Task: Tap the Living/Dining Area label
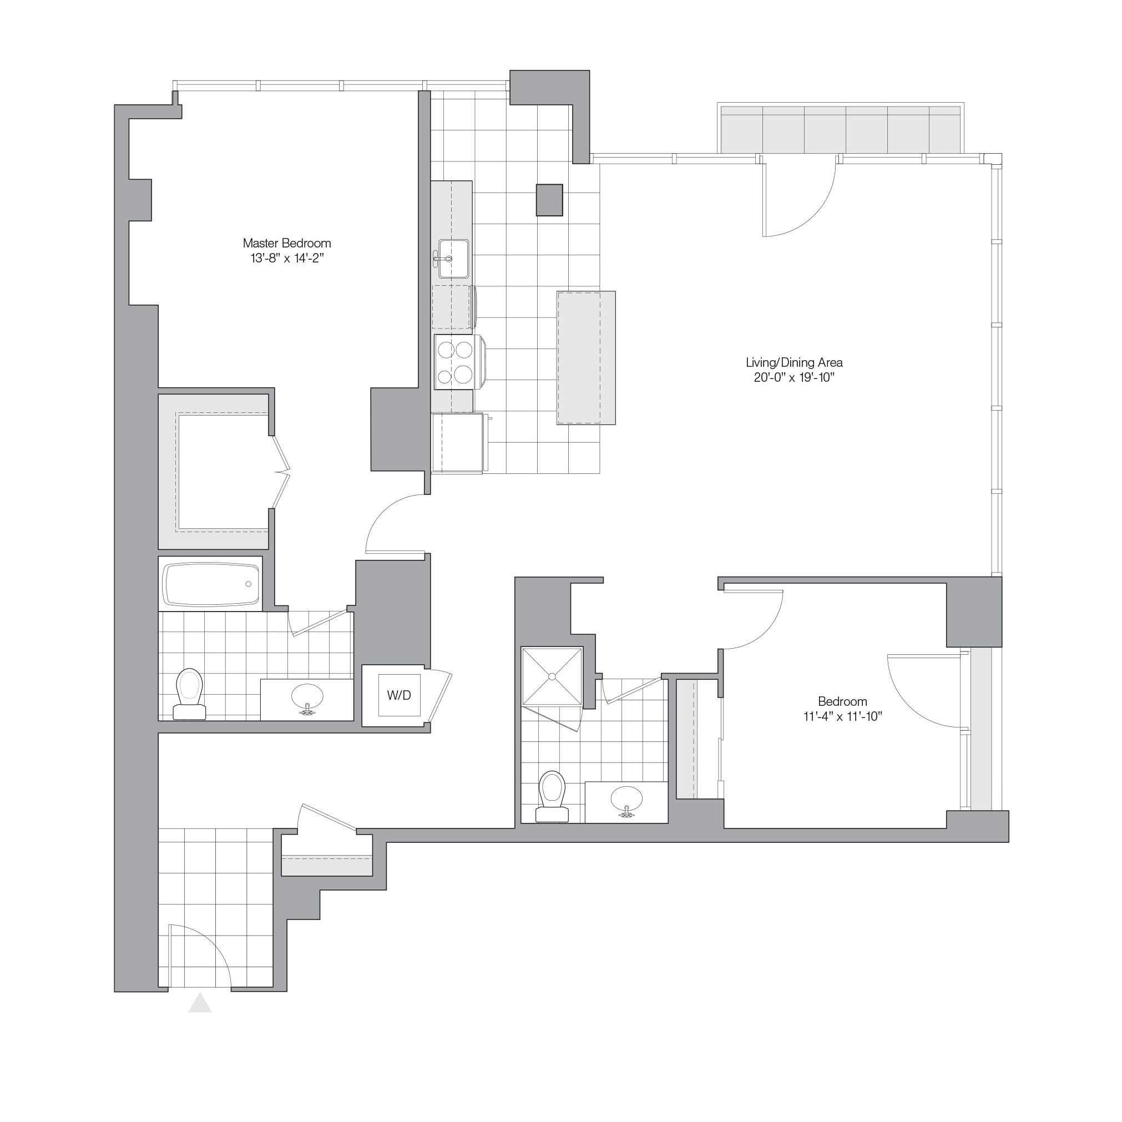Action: [x=794, y=362]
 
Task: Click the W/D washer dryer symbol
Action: [x=399, y=695]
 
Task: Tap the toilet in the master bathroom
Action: [x=189, y=694]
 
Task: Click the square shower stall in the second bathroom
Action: [x=552, y=676]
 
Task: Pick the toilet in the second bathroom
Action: [x=552, y=796]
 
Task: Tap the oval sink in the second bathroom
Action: [x=626, y=800]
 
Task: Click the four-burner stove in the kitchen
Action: [x=456, y=363]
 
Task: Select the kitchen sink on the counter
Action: [x=452, y=259]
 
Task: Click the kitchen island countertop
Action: [x=586, y=358]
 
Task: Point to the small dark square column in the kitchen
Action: [x=549, y=200]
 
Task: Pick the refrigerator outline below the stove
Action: [x=457, y=444]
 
